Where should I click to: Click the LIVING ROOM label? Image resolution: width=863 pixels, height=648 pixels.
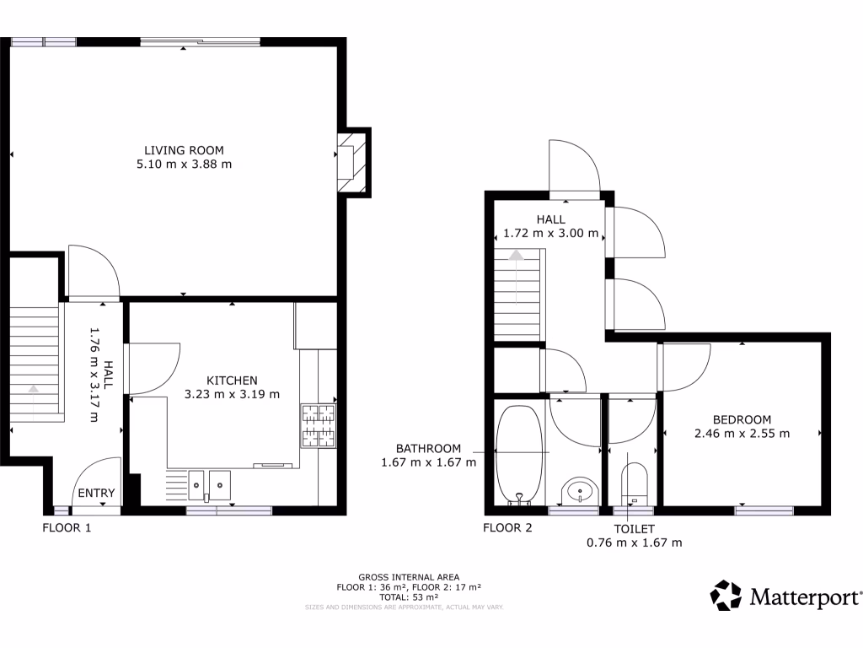pyautogui.click(x=184, y=150)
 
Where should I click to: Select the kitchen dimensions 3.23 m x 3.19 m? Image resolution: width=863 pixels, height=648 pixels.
pyautogui.click(x=232, y=394)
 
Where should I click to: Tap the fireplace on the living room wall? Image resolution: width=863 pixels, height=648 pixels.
pyautogui.click(x=350, y=161)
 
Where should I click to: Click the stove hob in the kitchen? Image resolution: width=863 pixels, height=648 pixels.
pyautogui.click(x=318, y=425)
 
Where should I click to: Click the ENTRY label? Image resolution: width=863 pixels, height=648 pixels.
pyautogui.click(x=96, y=494)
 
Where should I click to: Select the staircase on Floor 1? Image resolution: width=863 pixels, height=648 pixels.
pyautogui.click(x=36, y=362)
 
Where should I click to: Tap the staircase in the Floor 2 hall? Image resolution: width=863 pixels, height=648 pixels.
pyautogui.click(x=516, y=291)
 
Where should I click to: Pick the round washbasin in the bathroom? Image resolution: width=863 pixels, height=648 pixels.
pyautogui.click(x=580, y=489)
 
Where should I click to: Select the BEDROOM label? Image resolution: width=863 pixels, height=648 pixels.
pyautogui.click(x=742, y=419)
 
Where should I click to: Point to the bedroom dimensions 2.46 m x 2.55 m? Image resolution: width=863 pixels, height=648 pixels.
pyautogui.click(x=742, y=434)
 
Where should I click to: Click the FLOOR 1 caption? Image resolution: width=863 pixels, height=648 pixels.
pyautogui.click(x=67, y=528)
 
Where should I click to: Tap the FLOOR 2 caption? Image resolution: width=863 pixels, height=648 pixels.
pyautogui.click(x=508, y=528)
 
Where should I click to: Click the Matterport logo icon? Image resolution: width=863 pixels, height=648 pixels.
pyautogui.click(x=726, y=596)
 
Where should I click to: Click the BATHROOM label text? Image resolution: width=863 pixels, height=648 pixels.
pyautogui.click(x=429, y=448)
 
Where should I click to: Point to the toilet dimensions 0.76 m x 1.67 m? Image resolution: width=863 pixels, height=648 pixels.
pyautogui.click(x=634, y=543)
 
